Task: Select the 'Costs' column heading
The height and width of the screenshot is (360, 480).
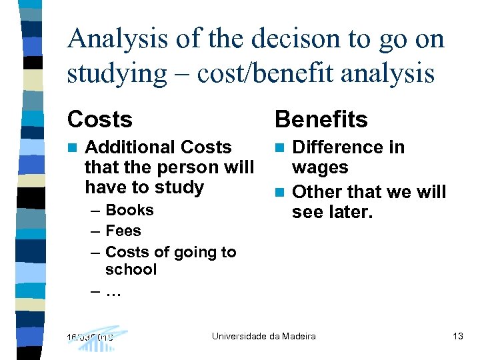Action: [100, 119]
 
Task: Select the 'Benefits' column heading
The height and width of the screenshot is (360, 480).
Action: [321, 119]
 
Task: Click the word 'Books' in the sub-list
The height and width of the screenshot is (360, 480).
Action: [129, 210]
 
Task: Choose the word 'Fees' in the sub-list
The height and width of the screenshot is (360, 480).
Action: [123, 231]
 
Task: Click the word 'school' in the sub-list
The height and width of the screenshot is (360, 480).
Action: [131, 269]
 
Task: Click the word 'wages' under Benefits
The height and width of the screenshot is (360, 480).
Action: [321, 167]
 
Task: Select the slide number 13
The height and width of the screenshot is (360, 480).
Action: [457, 336]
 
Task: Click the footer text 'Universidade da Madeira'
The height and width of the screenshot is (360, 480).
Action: [264, 336]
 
